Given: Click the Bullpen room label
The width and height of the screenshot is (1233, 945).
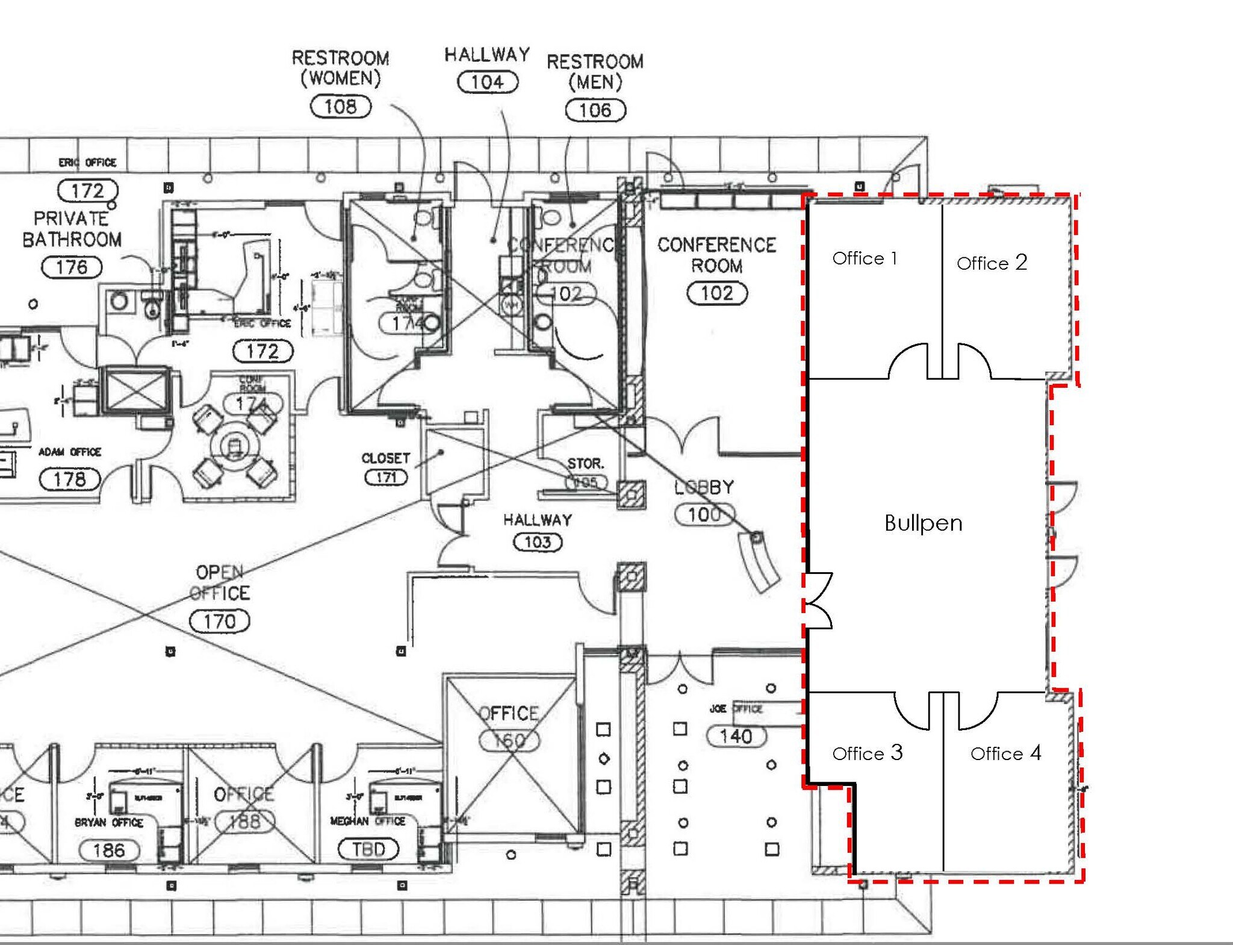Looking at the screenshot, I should [923, 523].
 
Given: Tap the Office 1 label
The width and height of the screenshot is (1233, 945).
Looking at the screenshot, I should [865, 258].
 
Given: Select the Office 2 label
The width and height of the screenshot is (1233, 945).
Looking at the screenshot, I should [992, 263].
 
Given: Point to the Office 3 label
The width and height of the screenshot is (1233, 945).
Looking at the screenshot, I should [867, 753].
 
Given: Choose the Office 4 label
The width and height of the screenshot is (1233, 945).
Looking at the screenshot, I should [1005, 753].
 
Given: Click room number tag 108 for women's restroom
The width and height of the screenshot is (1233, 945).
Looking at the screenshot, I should [340, 107].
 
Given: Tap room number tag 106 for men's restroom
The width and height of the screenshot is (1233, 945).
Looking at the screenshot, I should [595, 110].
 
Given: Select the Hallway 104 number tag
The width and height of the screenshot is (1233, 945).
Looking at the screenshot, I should [488, 82].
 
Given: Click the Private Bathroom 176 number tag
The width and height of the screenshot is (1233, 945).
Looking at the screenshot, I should [72, 267].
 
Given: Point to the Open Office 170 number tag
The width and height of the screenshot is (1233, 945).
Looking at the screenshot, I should [219, 621].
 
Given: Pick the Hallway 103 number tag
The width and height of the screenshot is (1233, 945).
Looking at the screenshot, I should [537, 542].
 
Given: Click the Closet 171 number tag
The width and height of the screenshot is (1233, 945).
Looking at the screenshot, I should [386, 478].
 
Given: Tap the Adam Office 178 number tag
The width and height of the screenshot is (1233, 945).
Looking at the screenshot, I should [69, 479].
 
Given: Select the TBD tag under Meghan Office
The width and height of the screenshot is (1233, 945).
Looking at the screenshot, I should [368, 849].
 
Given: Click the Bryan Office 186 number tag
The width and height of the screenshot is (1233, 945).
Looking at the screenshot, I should [109, 850].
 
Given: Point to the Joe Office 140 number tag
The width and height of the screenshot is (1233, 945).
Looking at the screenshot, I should [736, 736].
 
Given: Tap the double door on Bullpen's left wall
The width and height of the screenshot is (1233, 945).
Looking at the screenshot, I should [819, 601].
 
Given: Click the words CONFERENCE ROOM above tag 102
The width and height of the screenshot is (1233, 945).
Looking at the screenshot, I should [716, 255].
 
